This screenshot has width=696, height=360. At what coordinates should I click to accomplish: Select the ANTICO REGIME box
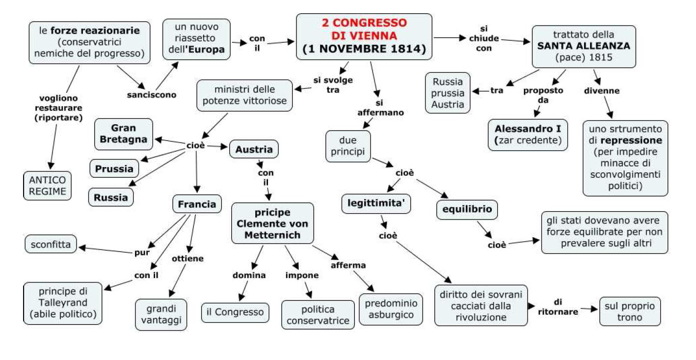[47, 185]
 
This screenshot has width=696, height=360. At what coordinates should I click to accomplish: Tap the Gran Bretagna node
[124, 134]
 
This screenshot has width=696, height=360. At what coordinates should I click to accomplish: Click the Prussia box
[114, 168]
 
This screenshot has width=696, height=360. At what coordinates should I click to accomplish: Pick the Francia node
[197, 204]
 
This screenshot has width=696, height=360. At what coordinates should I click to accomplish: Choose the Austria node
[254, 149]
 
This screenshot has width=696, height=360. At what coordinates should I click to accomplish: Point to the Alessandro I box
[528, 135]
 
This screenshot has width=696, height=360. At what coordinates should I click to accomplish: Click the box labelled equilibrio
[467, 210]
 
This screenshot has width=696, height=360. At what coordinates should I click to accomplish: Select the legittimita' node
[376, 204]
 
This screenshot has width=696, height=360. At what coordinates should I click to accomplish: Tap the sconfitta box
[51, 244]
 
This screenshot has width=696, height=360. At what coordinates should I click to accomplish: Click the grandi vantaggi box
[161, 314]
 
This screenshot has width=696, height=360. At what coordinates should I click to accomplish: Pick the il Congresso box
[235, 312]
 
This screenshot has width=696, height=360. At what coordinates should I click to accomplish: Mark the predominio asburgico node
[391, 309]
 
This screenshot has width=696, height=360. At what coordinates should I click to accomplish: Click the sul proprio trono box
[630, 311]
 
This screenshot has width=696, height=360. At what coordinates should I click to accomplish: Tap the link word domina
[249, 275]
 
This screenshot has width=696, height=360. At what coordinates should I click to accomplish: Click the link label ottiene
[187, 258]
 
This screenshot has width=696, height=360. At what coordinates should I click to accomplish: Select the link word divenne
[601, 90]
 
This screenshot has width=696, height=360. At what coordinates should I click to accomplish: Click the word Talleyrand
[63, 302]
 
